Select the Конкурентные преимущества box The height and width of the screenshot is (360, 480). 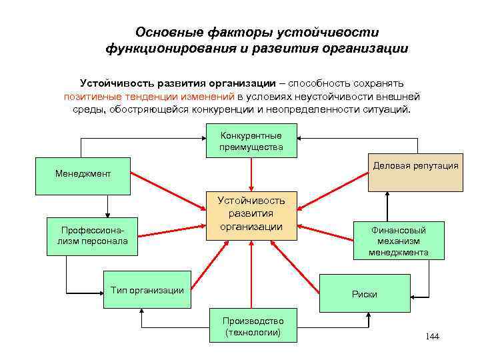[x=251, y=141]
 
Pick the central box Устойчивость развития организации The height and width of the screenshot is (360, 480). [x=251, y=214]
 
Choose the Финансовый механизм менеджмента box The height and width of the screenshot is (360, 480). [x=398, y=241]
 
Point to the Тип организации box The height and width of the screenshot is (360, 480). [x=147, y=290]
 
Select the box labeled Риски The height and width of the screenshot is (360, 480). [x=365, y=294]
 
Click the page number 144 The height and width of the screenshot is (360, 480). [x=432, y=336]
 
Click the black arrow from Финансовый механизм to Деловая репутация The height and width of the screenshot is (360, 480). [x=385, y=205]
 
